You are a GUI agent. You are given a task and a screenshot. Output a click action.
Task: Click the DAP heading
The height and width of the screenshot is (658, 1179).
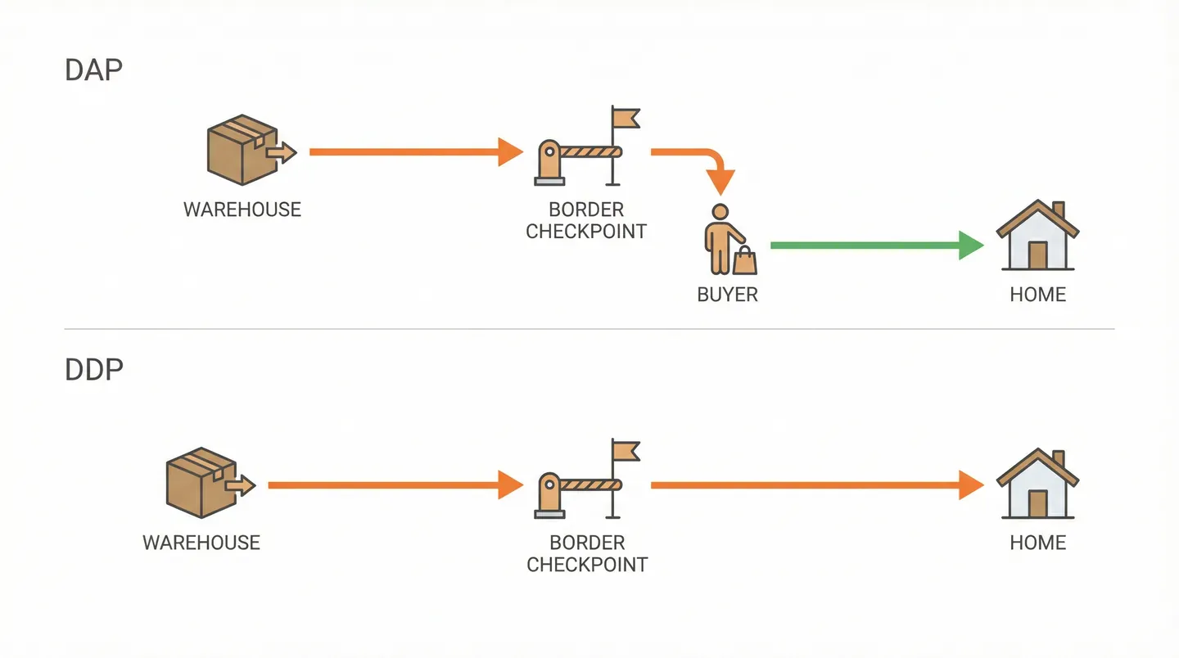coord(93,70)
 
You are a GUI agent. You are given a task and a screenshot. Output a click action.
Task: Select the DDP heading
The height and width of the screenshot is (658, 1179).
coord(93,370)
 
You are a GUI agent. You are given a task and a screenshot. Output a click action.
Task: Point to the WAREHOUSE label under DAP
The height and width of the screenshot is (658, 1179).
coord(242,210)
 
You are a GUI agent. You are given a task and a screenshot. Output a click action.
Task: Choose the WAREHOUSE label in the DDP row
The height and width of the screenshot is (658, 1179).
coord(201,543)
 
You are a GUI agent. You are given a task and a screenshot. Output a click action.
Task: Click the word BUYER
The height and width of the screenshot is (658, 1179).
coord(727,295)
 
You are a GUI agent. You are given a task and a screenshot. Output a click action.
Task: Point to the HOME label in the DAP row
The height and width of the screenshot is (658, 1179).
coord(1037,295)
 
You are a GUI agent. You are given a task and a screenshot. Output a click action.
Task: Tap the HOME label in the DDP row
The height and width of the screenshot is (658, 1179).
coord(1037,543)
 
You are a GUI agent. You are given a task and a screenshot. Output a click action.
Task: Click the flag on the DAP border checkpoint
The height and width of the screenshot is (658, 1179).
coord(626,119)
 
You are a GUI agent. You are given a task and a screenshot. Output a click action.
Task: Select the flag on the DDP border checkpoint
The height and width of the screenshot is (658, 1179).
coord(626,451)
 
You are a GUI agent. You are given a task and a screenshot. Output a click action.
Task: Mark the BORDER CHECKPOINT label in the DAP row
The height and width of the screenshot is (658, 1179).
coord(586,221)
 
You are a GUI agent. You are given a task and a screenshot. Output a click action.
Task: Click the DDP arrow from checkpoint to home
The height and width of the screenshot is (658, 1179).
coord(815,485)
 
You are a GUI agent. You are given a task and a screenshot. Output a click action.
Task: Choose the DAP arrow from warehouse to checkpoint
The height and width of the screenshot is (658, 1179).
coord(414,151)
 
